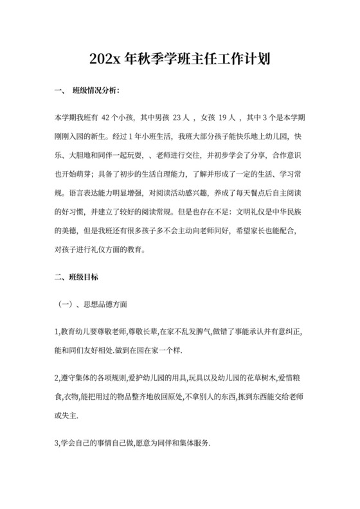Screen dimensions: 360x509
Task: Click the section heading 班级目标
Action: pyautogui.click(x=85, y=277)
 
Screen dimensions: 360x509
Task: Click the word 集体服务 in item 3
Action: pyautogui.click(x=188, y=443)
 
